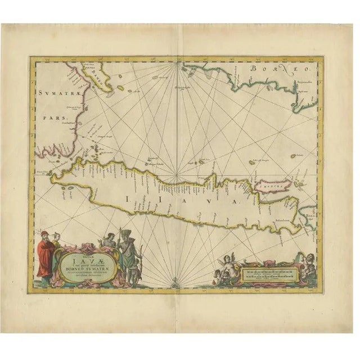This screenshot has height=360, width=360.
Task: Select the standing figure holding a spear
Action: point(129,256)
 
